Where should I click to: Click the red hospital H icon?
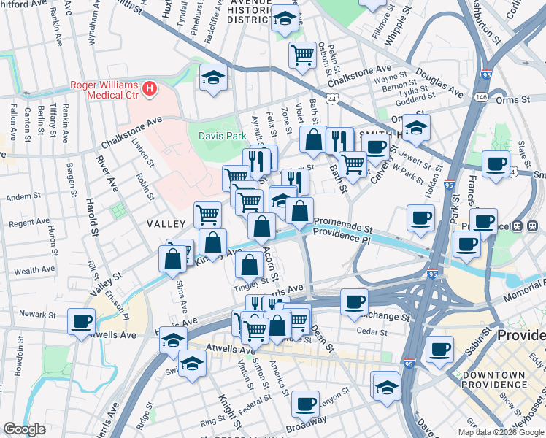click(x=150, y=89)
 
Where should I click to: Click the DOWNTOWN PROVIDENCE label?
click(x=493, y=380)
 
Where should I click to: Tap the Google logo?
click(x=24, y=429)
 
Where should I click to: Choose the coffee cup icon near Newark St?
click(x=81, y=321)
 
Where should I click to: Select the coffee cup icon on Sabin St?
click(x=439, y=349)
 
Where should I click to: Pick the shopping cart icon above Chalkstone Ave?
click(x=302, y=54)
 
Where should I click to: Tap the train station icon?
click(x=520, y=226)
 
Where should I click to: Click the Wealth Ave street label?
click(x=34, y=270)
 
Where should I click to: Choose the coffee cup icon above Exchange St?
click(x=354, y=301)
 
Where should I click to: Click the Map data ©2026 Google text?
click(x=501, y=431)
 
